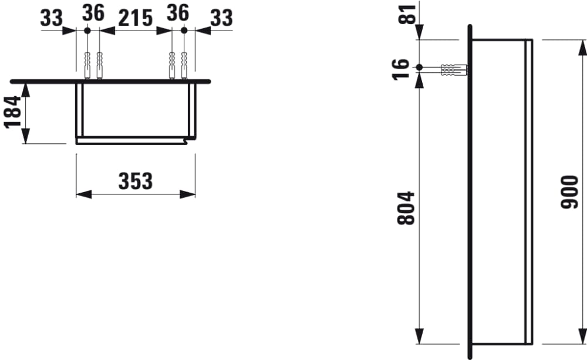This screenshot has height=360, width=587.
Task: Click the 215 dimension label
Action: coord(136,18)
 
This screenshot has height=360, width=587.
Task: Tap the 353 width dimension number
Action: coord(136,181)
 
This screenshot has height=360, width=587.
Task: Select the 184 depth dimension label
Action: coord(13,112)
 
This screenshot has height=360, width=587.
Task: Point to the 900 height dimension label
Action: coord(570,192)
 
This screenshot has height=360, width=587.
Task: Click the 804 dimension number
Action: coord(406,208)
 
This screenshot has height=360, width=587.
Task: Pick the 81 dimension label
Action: coord(407,14)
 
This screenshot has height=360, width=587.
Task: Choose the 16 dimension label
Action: coord(400,69)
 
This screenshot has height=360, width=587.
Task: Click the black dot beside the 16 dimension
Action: coord(419,68)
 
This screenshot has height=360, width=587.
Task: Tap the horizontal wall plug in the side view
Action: coord(454,70)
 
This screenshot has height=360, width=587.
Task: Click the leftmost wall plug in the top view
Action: coord(87,66)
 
